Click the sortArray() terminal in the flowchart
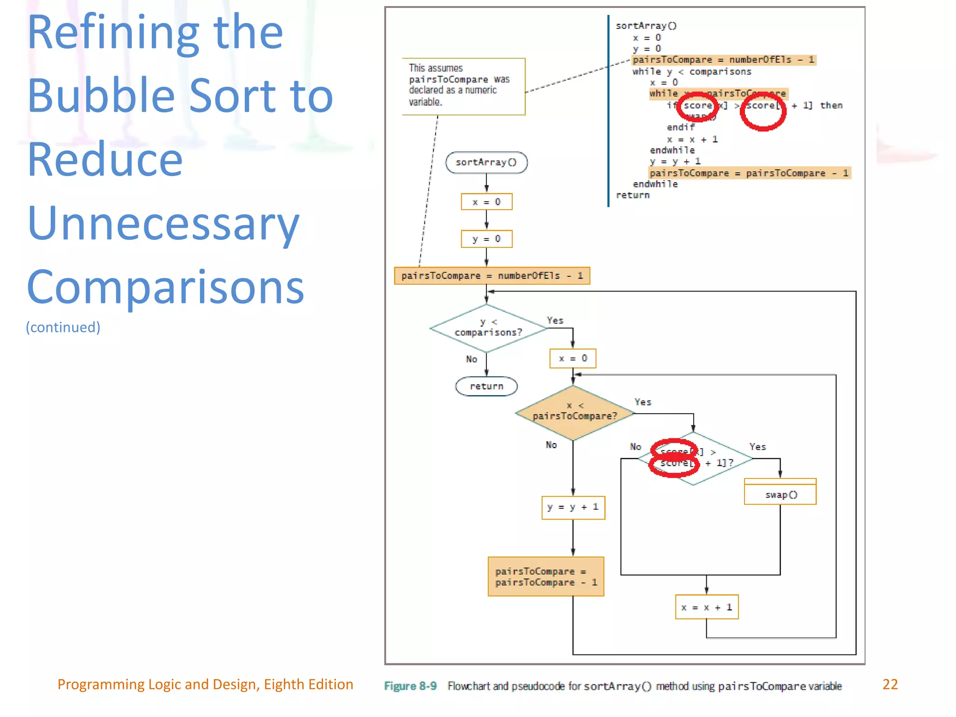486,162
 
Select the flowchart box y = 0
486,239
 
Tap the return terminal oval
486,387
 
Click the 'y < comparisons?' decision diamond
488,328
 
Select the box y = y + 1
573,507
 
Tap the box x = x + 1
707,607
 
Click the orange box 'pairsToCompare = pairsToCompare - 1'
546,577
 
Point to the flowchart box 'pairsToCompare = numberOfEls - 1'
492,276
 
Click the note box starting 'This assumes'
463,86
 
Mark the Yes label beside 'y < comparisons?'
555,321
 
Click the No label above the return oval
471,359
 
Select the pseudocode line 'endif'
681,127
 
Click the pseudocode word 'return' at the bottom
633,195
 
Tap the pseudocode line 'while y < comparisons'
691,72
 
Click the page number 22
890,684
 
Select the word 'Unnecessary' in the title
163,224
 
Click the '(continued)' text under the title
63,327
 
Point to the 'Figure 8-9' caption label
410,686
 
